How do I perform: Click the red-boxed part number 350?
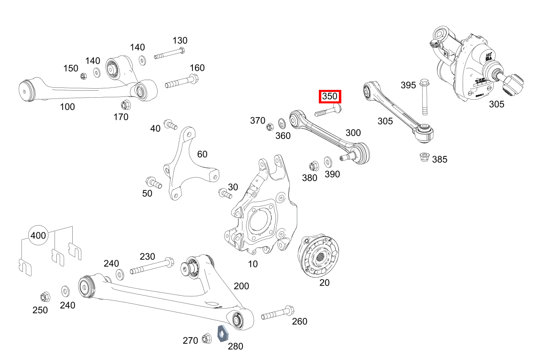click(x=330, y=97)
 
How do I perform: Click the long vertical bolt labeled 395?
click(x=424, y=98)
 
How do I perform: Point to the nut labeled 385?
click(x=424, y=157)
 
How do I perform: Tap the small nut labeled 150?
click(x=83, y=76)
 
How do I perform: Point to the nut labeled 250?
click(x=45, y=296)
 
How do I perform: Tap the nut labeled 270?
click(x=206, y=338)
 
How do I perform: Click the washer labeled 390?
click(x=328, y=162)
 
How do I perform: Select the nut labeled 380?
click(x=314, y=166)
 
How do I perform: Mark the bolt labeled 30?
click(x=225, y=193)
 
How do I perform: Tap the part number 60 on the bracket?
click(x=202, y=154)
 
